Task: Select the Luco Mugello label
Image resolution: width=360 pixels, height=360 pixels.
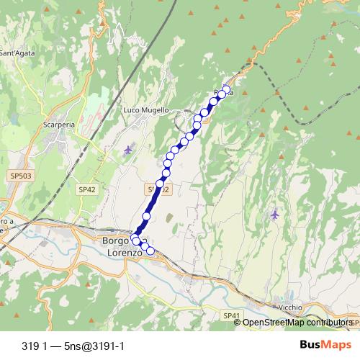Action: [x=146, y=110]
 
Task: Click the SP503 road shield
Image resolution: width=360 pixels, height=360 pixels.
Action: [x=22, y=175]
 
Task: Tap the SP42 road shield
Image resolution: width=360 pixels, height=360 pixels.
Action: [x=86, y=189]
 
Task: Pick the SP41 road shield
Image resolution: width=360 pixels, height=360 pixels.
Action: [x=230, y=316]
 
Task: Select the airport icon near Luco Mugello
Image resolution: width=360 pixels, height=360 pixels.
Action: [x=128, y=150]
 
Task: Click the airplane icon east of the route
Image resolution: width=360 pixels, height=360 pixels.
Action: [x=274, y=214]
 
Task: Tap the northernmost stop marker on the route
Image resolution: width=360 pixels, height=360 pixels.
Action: [x=226, y=90]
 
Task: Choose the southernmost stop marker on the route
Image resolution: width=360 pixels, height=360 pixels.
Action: [x=150, y=251]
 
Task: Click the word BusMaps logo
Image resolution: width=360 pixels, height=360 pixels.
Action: [x=325, y=345]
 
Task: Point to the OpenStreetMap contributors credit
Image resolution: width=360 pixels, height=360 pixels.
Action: [x=297, y=322]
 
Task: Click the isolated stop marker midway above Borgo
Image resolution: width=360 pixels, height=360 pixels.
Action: [x=146, y=216]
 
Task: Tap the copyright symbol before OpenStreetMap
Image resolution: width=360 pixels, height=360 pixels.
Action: [x=238, y=322]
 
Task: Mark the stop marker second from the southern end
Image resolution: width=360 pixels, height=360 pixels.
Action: [x=144, y=247]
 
